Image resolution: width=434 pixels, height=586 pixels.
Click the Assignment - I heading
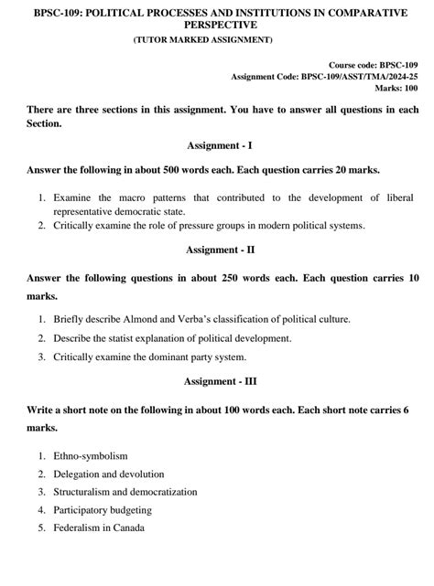(x=217, y=144)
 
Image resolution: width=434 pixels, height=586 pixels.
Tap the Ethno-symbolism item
(x=90, y=454)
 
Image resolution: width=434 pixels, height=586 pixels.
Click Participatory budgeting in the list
(x=102, y=509)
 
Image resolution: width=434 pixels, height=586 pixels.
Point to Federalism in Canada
(x=97, y=527)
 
